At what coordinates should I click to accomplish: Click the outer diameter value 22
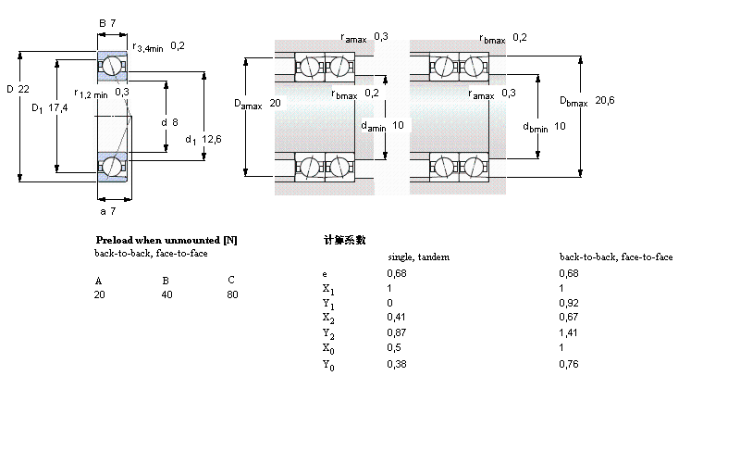pos(25,89)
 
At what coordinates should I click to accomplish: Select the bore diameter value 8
pos(175,122)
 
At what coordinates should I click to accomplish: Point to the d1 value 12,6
pos(212,139)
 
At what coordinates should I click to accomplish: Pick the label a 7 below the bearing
pos(108,212)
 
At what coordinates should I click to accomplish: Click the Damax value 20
pos(275,104)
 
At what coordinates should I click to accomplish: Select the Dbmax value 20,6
pos(605,100)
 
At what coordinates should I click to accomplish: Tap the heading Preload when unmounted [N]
pos(166,240)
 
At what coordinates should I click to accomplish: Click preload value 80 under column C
pos(232,294)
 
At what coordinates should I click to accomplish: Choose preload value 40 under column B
pos(167,294)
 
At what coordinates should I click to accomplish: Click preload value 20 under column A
pos(99,294)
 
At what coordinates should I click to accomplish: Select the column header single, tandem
pos(417,257)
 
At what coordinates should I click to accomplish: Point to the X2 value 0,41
pos(395,317)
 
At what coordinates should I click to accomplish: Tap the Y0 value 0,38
pos(395,364)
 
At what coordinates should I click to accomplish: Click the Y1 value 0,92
pos(569,303)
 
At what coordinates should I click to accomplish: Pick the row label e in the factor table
pos(325,274)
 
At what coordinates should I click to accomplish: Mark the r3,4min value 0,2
pos(178,45)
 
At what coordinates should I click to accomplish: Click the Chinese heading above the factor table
pos(345,240)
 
